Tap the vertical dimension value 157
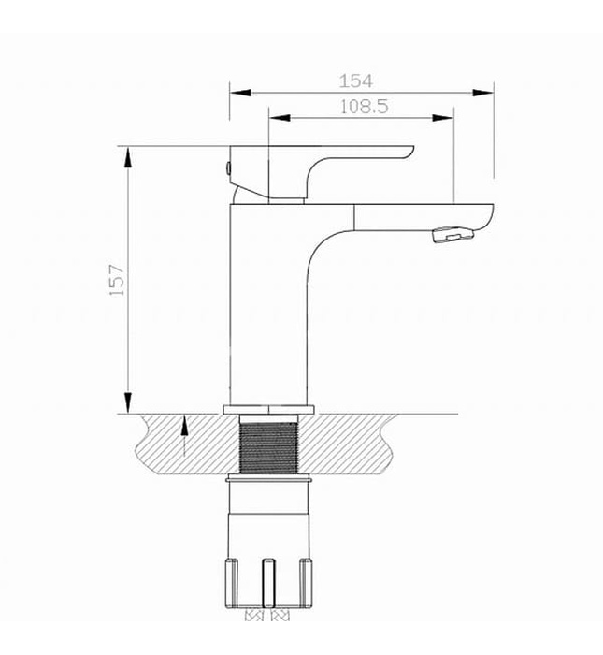click(x=117, y=280)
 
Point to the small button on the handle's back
click(x=226, y=168)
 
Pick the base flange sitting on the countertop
click(x=269, y=409)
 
